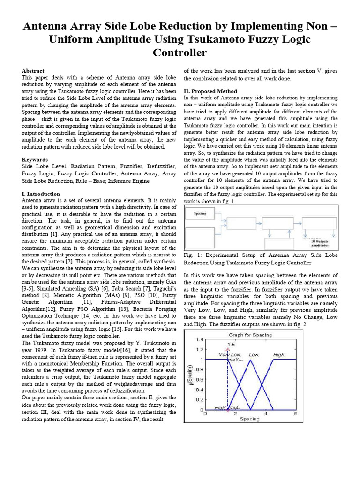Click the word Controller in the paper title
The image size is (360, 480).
coord(180,52)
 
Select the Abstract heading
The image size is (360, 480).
coord(33,70)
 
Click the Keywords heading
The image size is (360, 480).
coord(35,160)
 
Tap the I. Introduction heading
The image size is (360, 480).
coord(41,194)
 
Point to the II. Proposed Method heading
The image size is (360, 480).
coord(210,91)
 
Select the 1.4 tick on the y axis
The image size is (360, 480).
coord(200,339)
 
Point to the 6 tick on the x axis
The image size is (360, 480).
coord(295,414)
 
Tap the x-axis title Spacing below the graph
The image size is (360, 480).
coord(249,419)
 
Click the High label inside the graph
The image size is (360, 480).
coord(278,355)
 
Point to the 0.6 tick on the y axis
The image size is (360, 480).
coord(200,380)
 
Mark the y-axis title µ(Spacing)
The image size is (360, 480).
coord(190,375)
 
